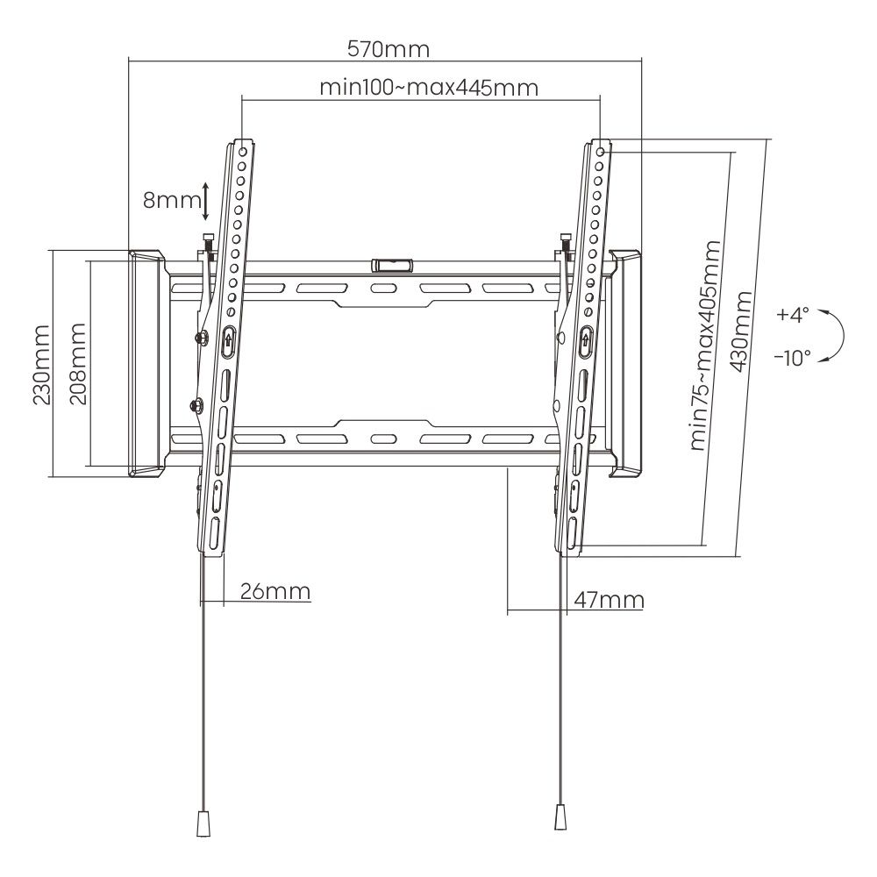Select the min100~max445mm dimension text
[x=428, y=88]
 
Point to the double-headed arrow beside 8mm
[x=205, y=201]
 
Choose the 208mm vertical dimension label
[x=78, y=363]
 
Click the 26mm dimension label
[x=275, y=591]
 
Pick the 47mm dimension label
[x=609, y=600]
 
